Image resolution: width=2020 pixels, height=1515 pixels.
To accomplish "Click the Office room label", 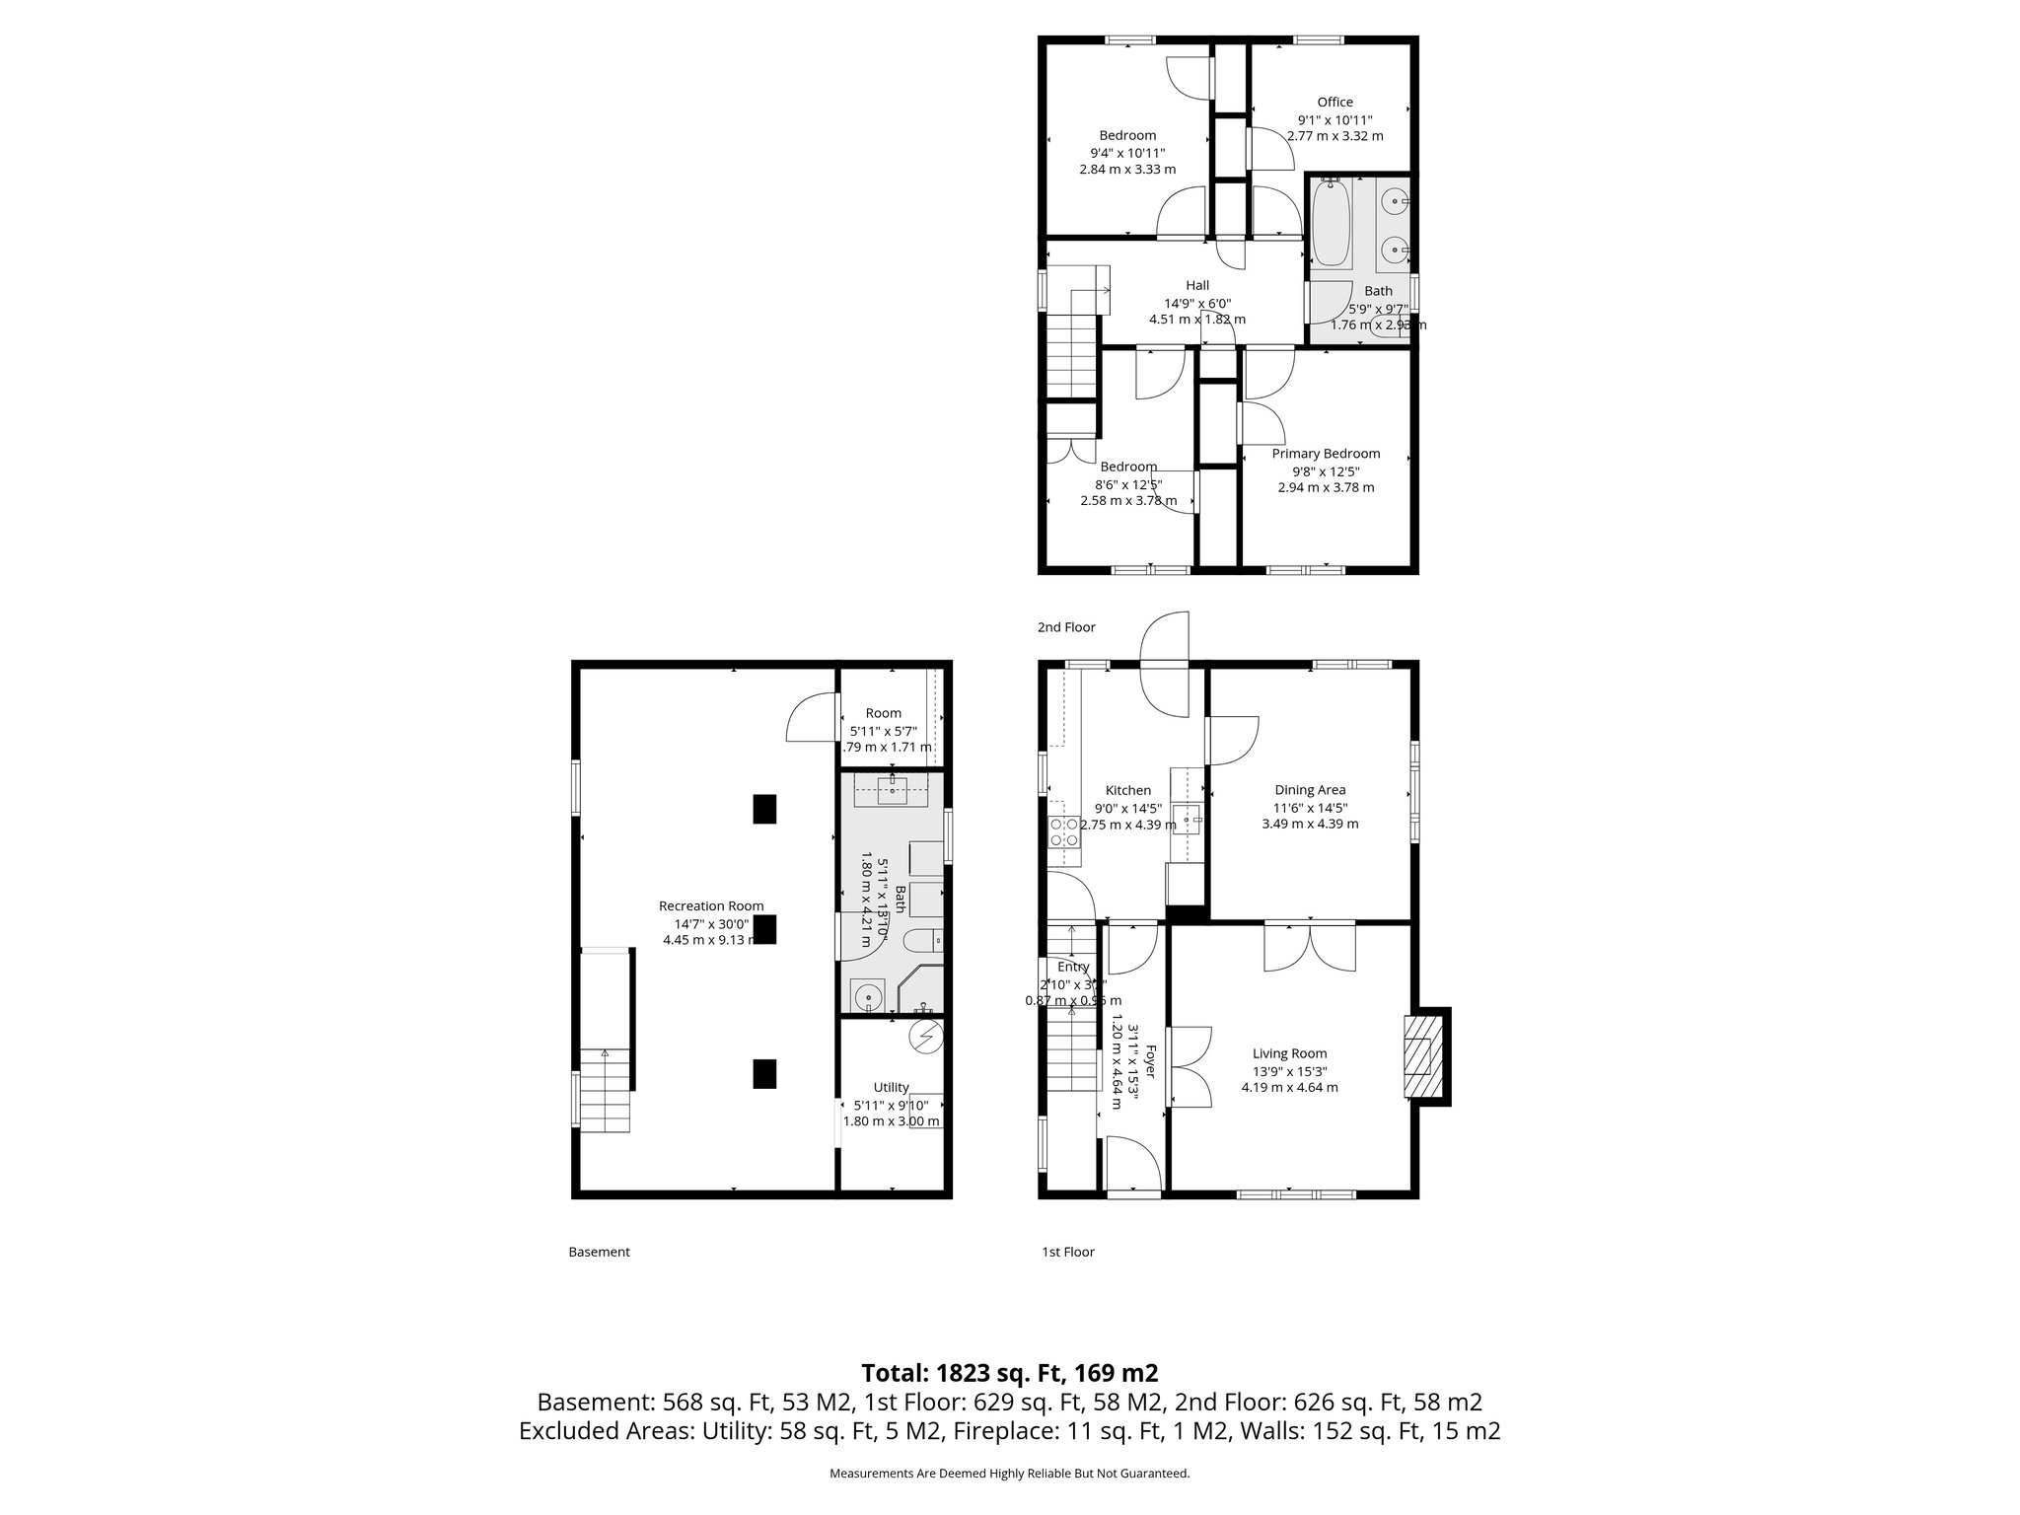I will [1335, 102].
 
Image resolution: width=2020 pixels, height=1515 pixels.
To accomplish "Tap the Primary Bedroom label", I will [1326, 454].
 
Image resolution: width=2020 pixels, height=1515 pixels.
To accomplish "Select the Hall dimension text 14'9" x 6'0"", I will [1197, 303].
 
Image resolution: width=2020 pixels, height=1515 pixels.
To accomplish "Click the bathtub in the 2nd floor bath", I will [1332, 225].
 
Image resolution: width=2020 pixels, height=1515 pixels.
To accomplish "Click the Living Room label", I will [1289, 1053].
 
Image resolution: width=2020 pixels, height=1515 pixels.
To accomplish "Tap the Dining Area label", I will [1310, 789].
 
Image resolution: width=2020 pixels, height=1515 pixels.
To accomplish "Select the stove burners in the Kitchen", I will [1063, 831].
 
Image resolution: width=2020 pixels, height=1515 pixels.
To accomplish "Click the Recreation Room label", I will [711, 905].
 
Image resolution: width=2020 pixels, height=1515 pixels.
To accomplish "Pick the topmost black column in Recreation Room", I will [764, 809].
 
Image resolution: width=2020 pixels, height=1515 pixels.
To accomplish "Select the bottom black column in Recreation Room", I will [764, 1073].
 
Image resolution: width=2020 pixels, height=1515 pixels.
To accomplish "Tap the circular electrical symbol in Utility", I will [926, 1037].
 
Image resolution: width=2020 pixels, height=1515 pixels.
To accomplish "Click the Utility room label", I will [891, 1087].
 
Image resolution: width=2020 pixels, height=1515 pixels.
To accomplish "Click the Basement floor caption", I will [599, 1252].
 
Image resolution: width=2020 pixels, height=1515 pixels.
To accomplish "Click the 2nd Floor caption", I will [1066, 627].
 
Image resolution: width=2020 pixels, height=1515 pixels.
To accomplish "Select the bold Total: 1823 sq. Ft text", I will [1009, 1373].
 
